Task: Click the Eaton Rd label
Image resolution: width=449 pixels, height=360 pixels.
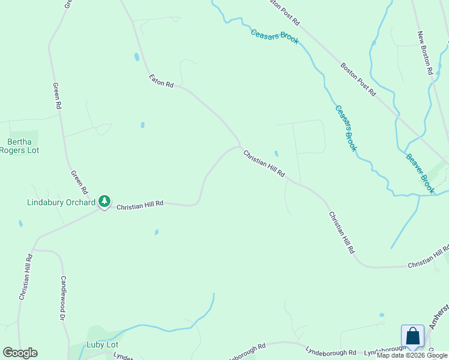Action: point(161,82)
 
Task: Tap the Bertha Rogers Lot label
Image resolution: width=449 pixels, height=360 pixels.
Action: point(23,146)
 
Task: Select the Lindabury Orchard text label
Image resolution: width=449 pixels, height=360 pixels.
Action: point(61,202)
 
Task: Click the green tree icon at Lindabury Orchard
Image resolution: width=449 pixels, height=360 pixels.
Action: point(105,201)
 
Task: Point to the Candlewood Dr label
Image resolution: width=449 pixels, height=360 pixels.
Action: point(62,298)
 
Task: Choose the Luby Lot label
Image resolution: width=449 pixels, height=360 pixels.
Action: point(102,345)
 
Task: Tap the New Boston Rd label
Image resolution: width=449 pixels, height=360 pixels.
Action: point(426,53)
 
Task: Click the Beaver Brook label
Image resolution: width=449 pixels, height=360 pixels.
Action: point(420,174)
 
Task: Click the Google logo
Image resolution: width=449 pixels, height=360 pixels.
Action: point(20,353)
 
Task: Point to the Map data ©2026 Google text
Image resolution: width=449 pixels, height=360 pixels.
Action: point(412,356)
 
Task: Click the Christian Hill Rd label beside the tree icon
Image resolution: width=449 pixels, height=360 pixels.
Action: point(140,205)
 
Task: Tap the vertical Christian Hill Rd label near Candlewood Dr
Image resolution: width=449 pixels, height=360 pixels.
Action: point(25,277)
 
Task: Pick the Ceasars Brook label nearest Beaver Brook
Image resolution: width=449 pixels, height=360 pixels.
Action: point(346,128)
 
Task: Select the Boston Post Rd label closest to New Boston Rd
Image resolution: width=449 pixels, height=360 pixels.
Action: point(358,80)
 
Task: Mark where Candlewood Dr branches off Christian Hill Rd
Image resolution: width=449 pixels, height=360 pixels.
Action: point(37,249)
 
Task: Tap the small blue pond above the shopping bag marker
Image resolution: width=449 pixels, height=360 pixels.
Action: point(382,314)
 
